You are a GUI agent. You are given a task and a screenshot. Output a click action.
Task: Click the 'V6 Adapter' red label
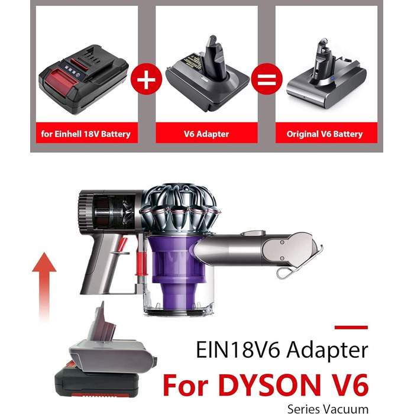pyautogui.click(x=206, y=134)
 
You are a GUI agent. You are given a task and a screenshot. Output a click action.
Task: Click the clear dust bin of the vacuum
pyautogui.click(x=176, y=299)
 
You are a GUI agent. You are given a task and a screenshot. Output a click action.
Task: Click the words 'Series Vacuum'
pyautogui.click(x=328, y=409)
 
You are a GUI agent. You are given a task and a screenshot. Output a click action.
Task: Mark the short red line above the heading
pyautogui.click(x=351, y=327)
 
